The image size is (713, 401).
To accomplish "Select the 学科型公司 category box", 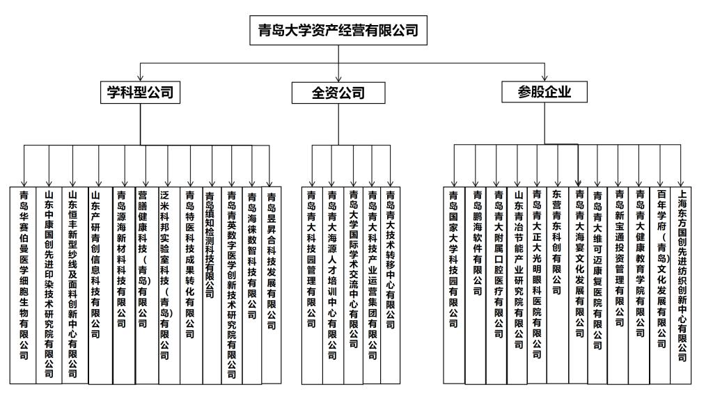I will coord(139,93).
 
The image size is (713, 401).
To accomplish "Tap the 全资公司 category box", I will coord(338,93).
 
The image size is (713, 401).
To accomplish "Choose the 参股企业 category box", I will coord(544,93).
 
